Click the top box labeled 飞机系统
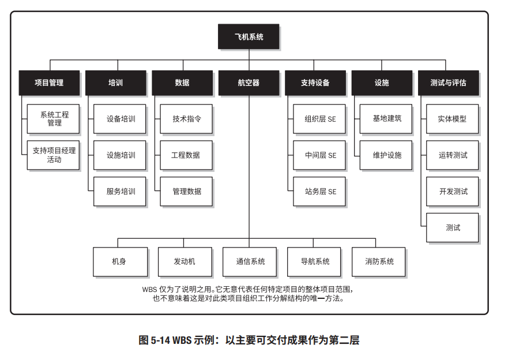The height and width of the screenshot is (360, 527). click(249, 36)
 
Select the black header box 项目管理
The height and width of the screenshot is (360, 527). click(49, 82)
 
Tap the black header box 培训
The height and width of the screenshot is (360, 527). click(115, 82)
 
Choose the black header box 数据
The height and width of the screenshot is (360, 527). click(182, 82)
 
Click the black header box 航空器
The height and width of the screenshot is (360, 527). click(249, 82)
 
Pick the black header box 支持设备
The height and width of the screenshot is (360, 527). click(315, 82)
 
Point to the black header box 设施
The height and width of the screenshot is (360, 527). click(382, 82)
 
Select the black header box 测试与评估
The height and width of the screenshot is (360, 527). click(448, 82)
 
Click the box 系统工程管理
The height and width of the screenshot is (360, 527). click(54, 119)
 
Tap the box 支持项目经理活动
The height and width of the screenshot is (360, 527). click(54, 155)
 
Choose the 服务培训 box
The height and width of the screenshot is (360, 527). click(121, 192)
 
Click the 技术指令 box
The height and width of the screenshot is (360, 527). click(187, 119)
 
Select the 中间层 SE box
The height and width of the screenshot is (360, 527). click(320, 155)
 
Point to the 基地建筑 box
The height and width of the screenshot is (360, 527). click(387, 119)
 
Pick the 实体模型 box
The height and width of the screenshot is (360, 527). click(453, 119)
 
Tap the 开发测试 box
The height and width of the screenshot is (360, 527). click(453, 192)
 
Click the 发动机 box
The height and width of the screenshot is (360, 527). click(185, 261)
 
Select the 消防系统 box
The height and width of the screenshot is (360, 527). click(379, 261)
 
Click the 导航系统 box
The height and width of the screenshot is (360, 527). click(314, 261)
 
